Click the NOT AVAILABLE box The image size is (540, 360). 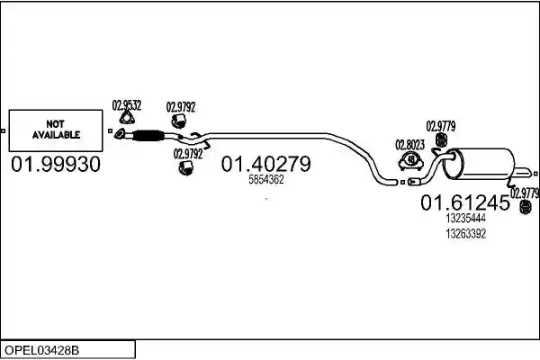56,130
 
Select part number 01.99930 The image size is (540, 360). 56,165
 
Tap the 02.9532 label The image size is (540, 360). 127,105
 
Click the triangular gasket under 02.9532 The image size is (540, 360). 127,118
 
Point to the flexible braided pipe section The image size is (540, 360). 148,135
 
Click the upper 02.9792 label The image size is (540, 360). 181,107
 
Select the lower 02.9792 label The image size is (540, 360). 188,154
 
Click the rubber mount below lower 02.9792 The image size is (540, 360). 186,167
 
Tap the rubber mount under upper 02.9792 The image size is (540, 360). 179,121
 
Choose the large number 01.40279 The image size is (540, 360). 265,164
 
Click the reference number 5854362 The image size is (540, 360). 266,179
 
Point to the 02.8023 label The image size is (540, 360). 409,145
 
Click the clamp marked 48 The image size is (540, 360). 411,161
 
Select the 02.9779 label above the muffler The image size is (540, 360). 441,126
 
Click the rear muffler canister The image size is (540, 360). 479,164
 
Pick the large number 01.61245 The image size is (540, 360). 465,202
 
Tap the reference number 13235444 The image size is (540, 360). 465,219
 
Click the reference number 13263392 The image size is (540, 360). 465,234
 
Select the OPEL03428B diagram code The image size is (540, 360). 41,350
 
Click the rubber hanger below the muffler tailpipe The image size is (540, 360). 526,207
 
